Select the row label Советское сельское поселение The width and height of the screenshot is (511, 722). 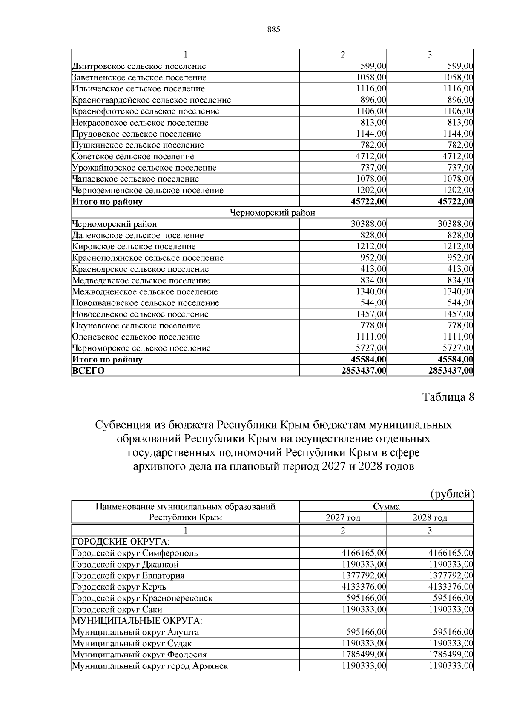[x=133, y=157]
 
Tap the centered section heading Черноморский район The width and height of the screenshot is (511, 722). [x=272, y=213]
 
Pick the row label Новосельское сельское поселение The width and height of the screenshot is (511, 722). [x=140, y=314]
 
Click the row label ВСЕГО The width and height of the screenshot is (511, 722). [x=88, y=371]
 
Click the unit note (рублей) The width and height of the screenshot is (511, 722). [x=452, y=494]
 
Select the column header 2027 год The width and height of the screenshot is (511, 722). [x=343, y=518]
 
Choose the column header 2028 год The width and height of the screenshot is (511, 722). [x=430, y=518]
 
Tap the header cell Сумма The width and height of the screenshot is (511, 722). [x=386, y=507]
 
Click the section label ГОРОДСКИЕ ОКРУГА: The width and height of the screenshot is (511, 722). [x=121, y=542]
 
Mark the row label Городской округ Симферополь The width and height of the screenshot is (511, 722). [x=135, y=553]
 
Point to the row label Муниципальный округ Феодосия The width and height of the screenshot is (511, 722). [x=139, y=654]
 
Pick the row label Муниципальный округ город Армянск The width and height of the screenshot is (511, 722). [x=150, y=666]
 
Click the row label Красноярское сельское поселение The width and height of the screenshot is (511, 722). [x=140, y=269]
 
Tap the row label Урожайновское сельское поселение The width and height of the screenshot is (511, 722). [x=144, y=168]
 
